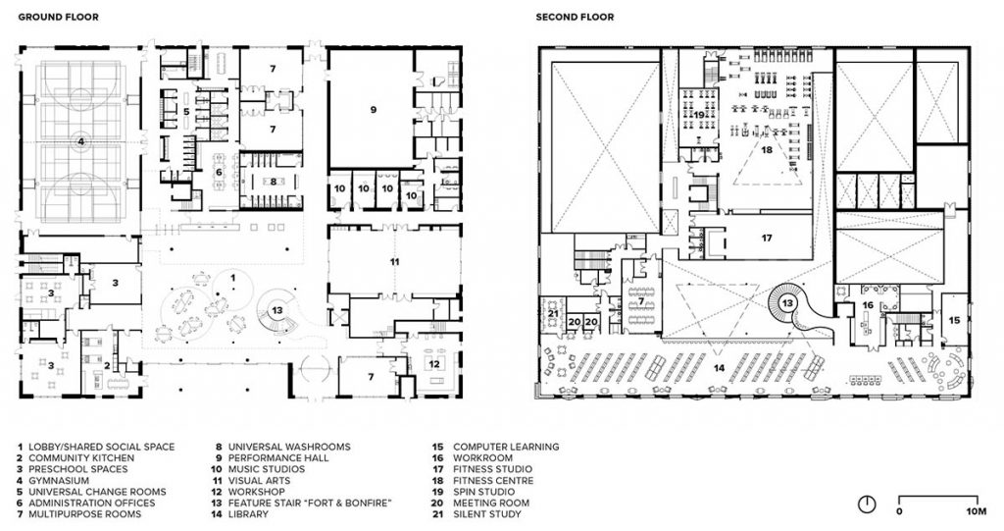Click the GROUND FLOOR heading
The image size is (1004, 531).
tap(58, 18)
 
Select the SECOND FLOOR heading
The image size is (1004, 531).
tap(576, 18)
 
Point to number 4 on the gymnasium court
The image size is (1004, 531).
tap(81, 141)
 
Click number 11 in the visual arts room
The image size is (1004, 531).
tap(394, 262)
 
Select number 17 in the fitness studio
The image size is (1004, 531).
tap(767, 238)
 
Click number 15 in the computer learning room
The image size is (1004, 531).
tap(954, 320)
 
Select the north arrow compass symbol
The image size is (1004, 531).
tap(867, 504)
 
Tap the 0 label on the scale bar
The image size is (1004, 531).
tap(900, 511)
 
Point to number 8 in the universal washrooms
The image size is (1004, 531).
tap(261, 181)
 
